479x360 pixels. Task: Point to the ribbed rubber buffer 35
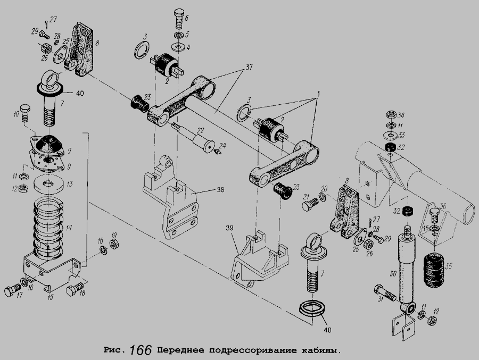click(433, 269)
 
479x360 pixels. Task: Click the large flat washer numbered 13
click(48, 184)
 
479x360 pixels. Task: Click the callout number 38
click(220, 190)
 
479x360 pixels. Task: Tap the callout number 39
click(230, 228)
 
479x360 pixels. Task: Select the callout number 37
click(249, 67)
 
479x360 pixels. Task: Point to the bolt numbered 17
click(12, 290)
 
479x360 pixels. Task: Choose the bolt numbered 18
click(75, 289)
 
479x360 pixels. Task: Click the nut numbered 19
click(114, 244)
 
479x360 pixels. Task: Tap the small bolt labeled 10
click(24, 112)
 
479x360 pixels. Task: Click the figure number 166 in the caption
click(141, 350)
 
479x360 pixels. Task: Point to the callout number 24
click(222, 146)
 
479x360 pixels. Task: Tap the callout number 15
click(51, 297)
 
